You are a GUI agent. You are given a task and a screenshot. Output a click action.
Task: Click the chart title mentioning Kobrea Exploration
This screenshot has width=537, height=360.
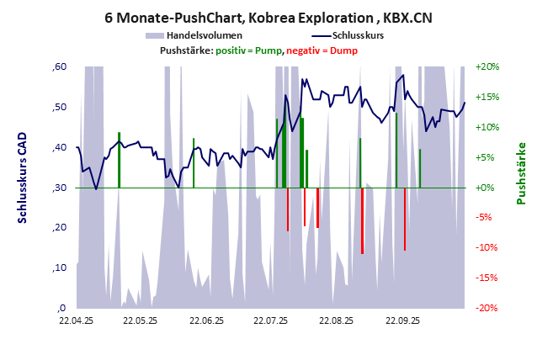(268, 16)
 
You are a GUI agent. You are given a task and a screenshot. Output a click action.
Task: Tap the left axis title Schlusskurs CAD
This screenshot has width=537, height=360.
(23, 177)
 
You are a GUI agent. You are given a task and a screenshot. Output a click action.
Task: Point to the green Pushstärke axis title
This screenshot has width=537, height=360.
(520, 173)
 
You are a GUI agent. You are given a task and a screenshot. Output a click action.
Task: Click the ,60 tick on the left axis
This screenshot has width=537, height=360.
(60, 66)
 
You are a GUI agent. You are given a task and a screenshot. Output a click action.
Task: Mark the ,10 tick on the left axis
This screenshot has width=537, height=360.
(60, 267)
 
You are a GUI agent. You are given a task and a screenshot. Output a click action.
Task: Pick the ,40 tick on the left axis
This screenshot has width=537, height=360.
(60, 147)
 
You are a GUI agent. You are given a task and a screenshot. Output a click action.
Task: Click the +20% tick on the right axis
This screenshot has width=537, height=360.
(488, 66)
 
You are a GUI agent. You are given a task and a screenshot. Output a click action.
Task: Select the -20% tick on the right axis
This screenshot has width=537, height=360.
(488, 308)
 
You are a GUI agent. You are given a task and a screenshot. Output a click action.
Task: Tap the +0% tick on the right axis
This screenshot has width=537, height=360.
(488, 188)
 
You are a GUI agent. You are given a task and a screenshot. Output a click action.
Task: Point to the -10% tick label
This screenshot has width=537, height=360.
(488, 247)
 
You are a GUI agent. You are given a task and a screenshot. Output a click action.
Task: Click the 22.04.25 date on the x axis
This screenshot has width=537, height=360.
(76, 320)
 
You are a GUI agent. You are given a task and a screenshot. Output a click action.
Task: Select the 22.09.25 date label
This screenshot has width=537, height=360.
(401, 320)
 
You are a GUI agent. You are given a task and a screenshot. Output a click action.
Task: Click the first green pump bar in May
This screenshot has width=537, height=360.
(119, 160)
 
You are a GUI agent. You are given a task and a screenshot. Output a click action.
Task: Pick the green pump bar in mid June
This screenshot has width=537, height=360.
(194, 163)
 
